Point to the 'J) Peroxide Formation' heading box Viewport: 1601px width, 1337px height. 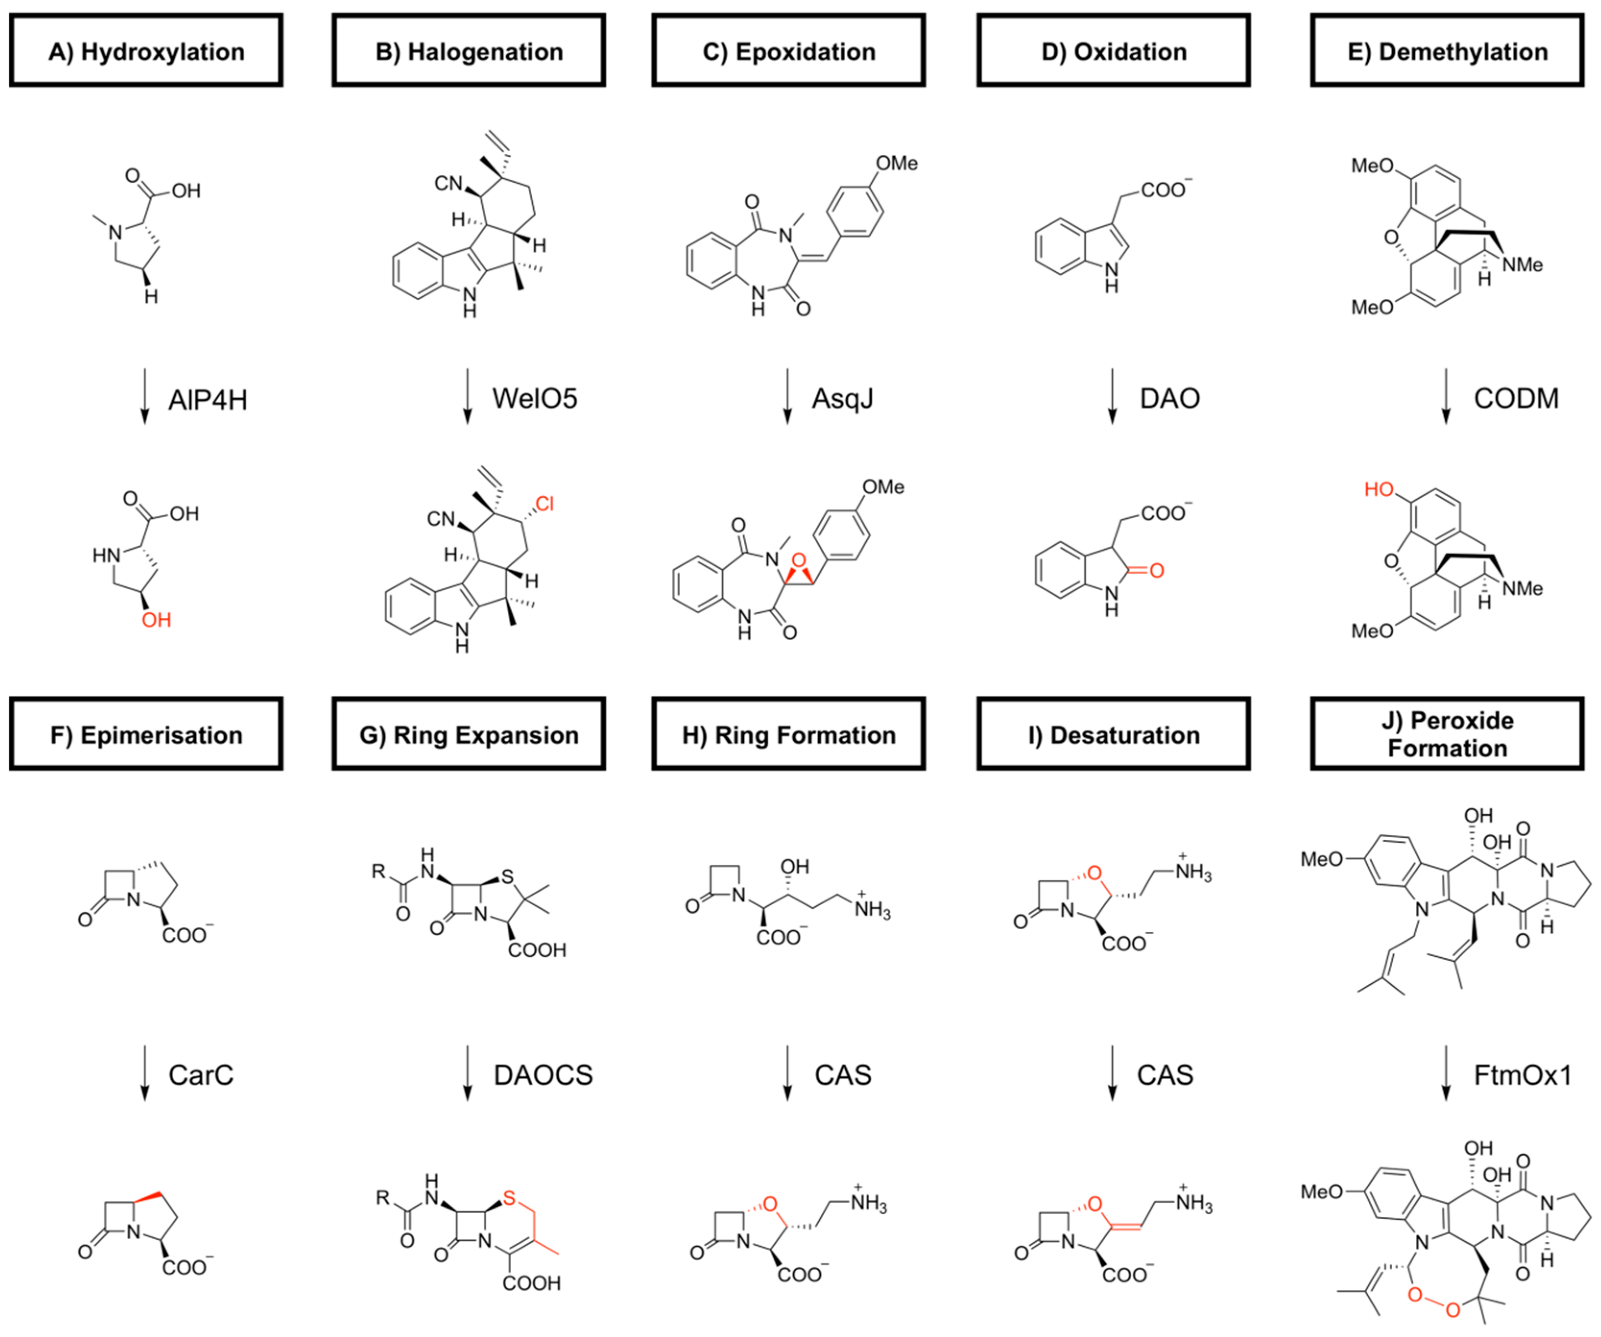[x=1446, y=734]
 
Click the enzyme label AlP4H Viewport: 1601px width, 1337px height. [x=207, y=400]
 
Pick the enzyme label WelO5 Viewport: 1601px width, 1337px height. [x=535, y=398]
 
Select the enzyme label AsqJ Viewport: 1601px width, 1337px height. [x=842, y=398]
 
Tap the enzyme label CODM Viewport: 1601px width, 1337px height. [x=1516, y=398]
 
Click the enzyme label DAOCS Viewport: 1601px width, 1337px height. [x=543, y=1075]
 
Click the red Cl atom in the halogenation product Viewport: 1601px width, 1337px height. [x=544, y=503]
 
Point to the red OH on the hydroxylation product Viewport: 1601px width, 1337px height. [x=156, y=620]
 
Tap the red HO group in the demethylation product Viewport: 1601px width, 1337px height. [x=1378, y=489]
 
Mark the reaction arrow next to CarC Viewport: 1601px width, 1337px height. [x=144, y=1073]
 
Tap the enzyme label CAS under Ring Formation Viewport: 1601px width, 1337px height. [x=842, y=1075]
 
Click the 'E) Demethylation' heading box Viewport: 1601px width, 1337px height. [x=1446, y=51]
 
